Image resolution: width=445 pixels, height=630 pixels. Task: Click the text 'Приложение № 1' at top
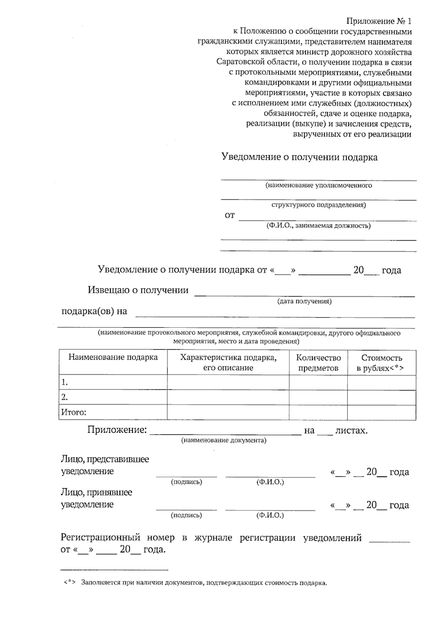coord(379,21)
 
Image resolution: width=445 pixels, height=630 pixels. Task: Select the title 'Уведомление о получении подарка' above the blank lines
coord(299,157)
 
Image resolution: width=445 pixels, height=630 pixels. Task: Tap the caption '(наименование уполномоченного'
coord(319,185)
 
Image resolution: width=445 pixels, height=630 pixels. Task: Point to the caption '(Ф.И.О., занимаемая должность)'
coord(319,225)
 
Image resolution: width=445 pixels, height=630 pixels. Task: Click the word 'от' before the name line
coord(230,215)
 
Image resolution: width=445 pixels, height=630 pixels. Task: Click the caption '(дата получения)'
coord(304,301)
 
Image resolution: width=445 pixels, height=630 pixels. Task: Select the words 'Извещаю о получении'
coord(138,290)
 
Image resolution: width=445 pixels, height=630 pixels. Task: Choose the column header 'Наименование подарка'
coord(113,358)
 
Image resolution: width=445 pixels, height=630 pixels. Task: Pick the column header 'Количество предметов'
coord(318,363)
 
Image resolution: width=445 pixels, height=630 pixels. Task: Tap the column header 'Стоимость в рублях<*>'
coord(381,363)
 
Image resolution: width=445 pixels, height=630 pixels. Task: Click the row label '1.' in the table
coord(65,382)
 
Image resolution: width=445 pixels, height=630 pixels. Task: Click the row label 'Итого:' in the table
coord(73,412)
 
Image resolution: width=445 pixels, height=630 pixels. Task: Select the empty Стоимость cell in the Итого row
coord(381,412)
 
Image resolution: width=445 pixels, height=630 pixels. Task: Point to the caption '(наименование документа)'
coord(224,440)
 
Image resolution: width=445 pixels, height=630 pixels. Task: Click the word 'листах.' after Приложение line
coord(351,431)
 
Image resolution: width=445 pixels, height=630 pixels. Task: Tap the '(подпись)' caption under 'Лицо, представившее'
coord(186,482)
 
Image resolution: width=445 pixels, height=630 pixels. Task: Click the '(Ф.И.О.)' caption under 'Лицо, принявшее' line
coord(270,515)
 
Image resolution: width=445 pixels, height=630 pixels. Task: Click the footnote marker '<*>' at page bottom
coord(69,582)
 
